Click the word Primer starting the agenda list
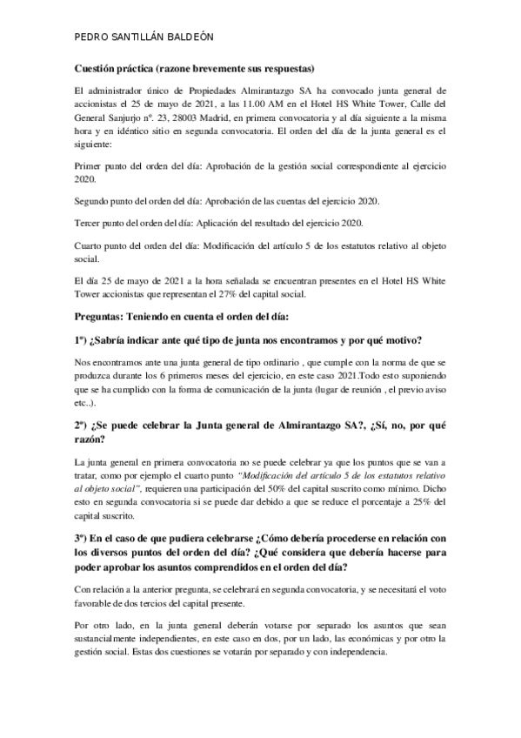(90, 162)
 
